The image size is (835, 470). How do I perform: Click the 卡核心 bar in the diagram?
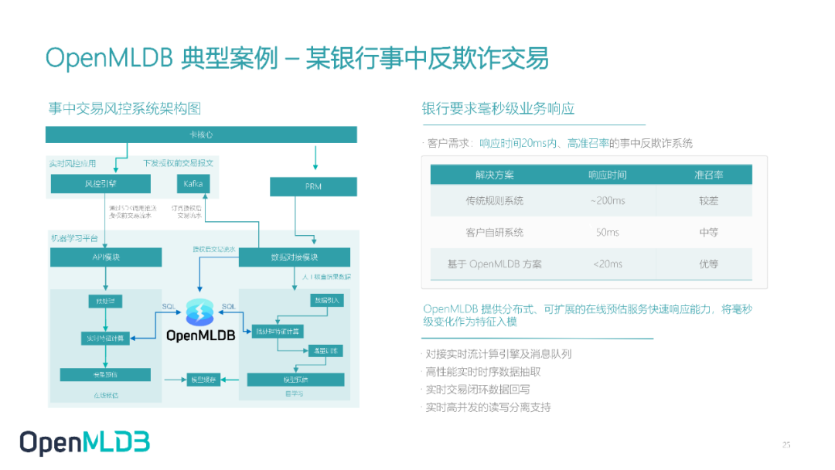click(x=201, y=135)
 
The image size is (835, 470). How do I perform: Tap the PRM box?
click(x=313, y=186)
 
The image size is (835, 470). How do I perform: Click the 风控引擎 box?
click(x=100, y=184)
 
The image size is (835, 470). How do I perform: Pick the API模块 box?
click(x=106, y=257)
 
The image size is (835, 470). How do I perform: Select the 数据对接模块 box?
click(x=294, y=257)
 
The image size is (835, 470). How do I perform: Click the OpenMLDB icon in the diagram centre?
click(x=200, y=312)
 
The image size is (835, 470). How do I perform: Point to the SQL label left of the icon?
click(x=169, y=307)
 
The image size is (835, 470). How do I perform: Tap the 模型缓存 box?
click(x=203, y=379)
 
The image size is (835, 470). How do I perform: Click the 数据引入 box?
click(x=326, y=300)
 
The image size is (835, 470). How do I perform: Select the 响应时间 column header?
click(x=608, y=175)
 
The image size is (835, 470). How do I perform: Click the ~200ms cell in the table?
click(x=608, y=200)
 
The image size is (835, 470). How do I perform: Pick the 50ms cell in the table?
click(x=608, y=232)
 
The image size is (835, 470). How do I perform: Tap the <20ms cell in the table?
click(x=608, y=264)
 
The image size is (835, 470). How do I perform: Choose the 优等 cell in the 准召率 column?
click(x=708, y=264)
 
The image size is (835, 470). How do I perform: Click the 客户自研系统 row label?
click(x=494, y=232)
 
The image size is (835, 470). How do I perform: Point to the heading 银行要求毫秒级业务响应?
click(x=498, y=109)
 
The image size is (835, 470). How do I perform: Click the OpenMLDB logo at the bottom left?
click(x=84, y=442)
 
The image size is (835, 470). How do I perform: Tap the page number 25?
click(x=786, y=444)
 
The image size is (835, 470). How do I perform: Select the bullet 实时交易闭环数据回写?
click(x=477, y=390)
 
